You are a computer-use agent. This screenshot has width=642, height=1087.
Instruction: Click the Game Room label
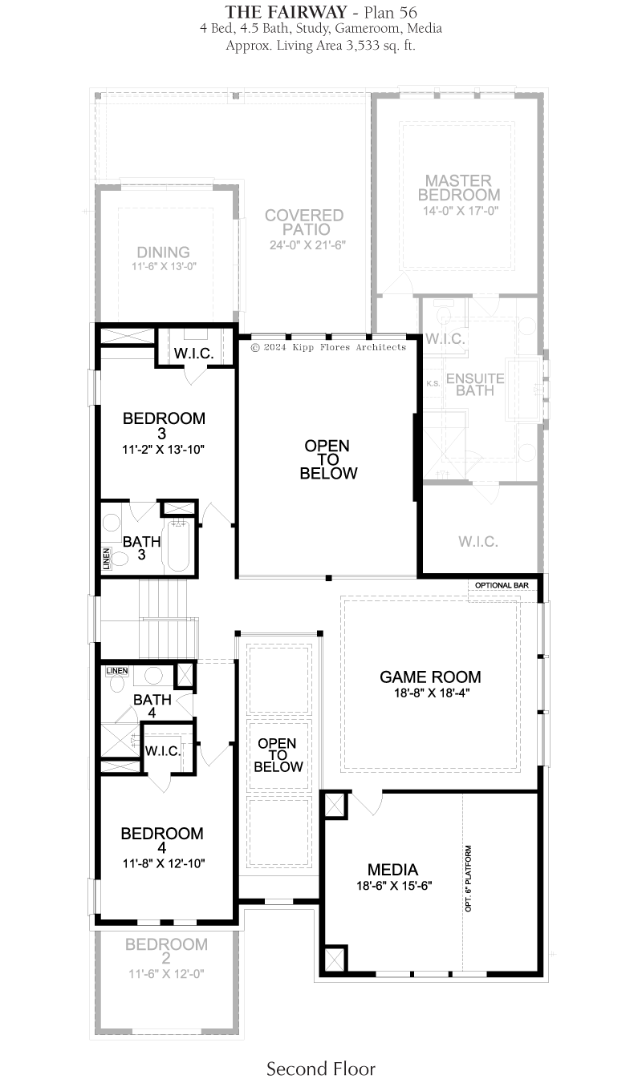click(430, 677)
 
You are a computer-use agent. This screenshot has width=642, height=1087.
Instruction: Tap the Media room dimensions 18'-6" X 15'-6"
click(394, 886)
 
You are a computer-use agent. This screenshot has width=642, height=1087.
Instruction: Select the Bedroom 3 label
click(164, 426)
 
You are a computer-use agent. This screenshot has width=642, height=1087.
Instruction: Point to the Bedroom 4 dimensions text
click(164, 863)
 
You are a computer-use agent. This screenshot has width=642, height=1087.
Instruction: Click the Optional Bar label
click(502, 585)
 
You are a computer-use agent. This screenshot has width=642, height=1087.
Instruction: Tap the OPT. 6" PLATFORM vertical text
click(468, 879)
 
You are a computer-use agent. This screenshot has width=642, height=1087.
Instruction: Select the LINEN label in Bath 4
click(117, 671)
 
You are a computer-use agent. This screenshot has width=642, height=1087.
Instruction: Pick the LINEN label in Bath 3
click(107, 559)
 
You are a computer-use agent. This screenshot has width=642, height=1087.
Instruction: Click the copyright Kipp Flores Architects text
click(328, 347)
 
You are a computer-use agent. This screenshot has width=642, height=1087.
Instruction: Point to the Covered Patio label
click(304, 222)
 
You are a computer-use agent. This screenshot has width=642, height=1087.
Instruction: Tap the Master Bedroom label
click(459, 188)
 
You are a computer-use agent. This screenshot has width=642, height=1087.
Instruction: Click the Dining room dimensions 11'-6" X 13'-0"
click(165, 266)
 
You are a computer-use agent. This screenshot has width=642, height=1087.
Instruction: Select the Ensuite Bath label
click(475, 384)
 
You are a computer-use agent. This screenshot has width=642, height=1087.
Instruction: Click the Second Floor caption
click(321, 1069)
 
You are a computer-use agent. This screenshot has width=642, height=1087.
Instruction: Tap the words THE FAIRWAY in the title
click(286, 12)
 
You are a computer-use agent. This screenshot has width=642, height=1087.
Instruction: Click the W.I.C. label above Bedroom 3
click(193, 354)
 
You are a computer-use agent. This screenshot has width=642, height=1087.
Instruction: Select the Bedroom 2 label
click(166, 952)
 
